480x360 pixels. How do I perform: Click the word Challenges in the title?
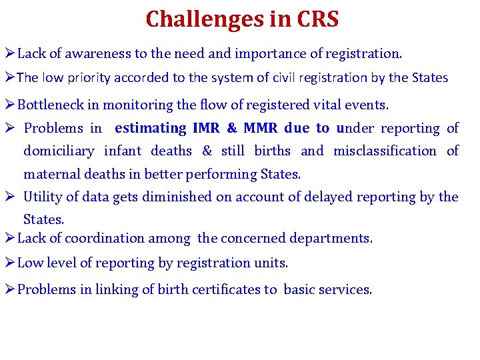click(196, 19)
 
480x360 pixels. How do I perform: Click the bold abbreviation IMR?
click(205, 128)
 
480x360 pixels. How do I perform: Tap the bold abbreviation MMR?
click(262, 128)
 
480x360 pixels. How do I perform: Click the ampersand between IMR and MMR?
click(231, 128)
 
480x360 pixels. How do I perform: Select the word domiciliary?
click(59, 151)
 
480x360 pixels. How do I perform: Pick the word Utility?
click(43, 197)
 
